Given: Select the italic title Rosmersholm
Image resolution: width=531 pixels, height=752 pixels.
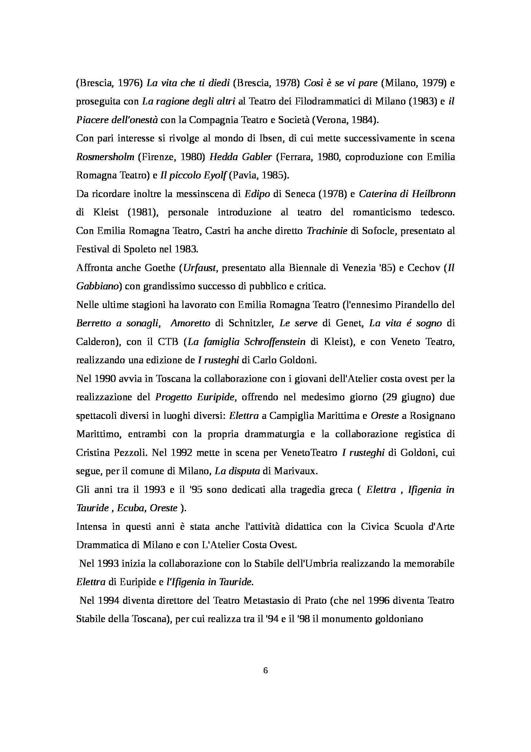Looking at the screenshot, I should click(105, 157).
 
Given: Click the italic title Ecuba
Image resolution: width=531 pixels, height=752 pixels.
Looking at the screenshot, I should click(131, 508).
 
